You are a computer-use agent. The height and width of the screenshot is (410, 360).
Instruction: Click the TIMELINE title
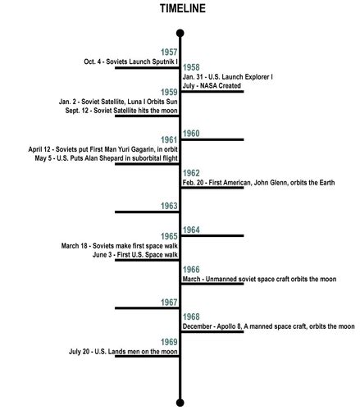(x=183, y=8)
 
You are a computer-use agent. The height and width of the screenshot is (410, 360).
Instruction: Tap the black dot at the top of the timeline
(x=180, y=34)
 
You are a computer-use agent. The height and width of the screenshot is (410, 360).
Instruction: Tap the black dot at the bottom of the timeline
(x=180, y=403)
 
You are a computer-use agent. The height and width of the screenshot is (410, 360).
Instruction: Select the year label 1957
(x=169, y=52)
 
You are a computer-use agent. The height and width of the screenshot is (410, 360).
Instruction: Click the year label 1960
(x=191, y=134)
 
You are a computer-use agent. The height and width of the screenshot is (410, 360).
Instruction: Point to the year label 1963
(x=169, y=206)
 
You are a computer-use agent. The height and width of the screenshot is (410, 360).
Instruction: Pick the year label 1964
(x=191, y=230)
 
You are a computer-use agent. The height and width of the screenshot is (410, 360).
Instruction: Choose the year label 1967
(x=169, y=303)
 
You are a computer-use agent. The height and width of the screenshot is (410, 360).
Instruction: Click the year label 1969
(x=169, y=342)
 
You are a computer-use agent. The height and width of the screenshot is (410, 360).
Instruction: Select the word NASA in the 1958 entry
(x=207, y=85)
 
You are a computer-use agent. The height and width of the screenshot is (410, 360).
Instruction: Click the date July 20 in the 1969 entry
(x=79, y=352)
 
